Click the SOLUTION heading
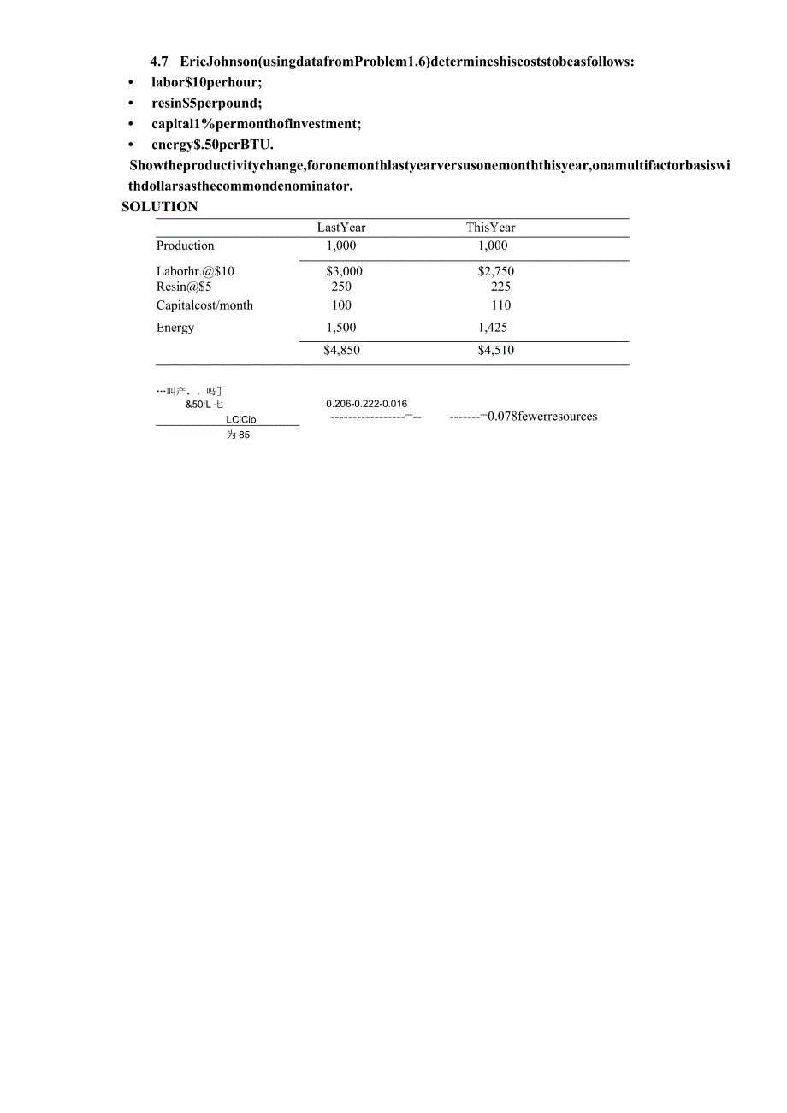pos(159,206)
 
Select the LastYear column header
pos(340,228)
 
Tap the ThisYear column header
pos(490,228)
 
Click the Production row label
pos(185,246)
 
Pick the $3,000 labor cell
pos(344,271)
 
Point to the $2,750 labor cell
pos(495,271)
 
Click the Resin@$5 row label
pos(183,287)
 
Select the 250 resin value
pos(340,287)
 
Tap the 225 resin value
pos(500,287)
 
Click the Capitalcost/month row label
pos(204,305)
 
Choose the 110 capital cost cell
pos(500,305)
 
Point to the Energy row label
pos(175,328)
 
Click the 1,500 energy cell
pos(340,328)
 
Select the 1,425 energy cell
pos(492,328)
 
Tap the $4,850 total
pos(341,350)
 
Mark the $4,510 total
pos(495,350)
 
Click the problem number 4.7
pos(160,62)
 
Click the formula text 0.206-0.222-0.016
pos(366,404)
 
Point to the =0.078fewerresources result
pos(538,417)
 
